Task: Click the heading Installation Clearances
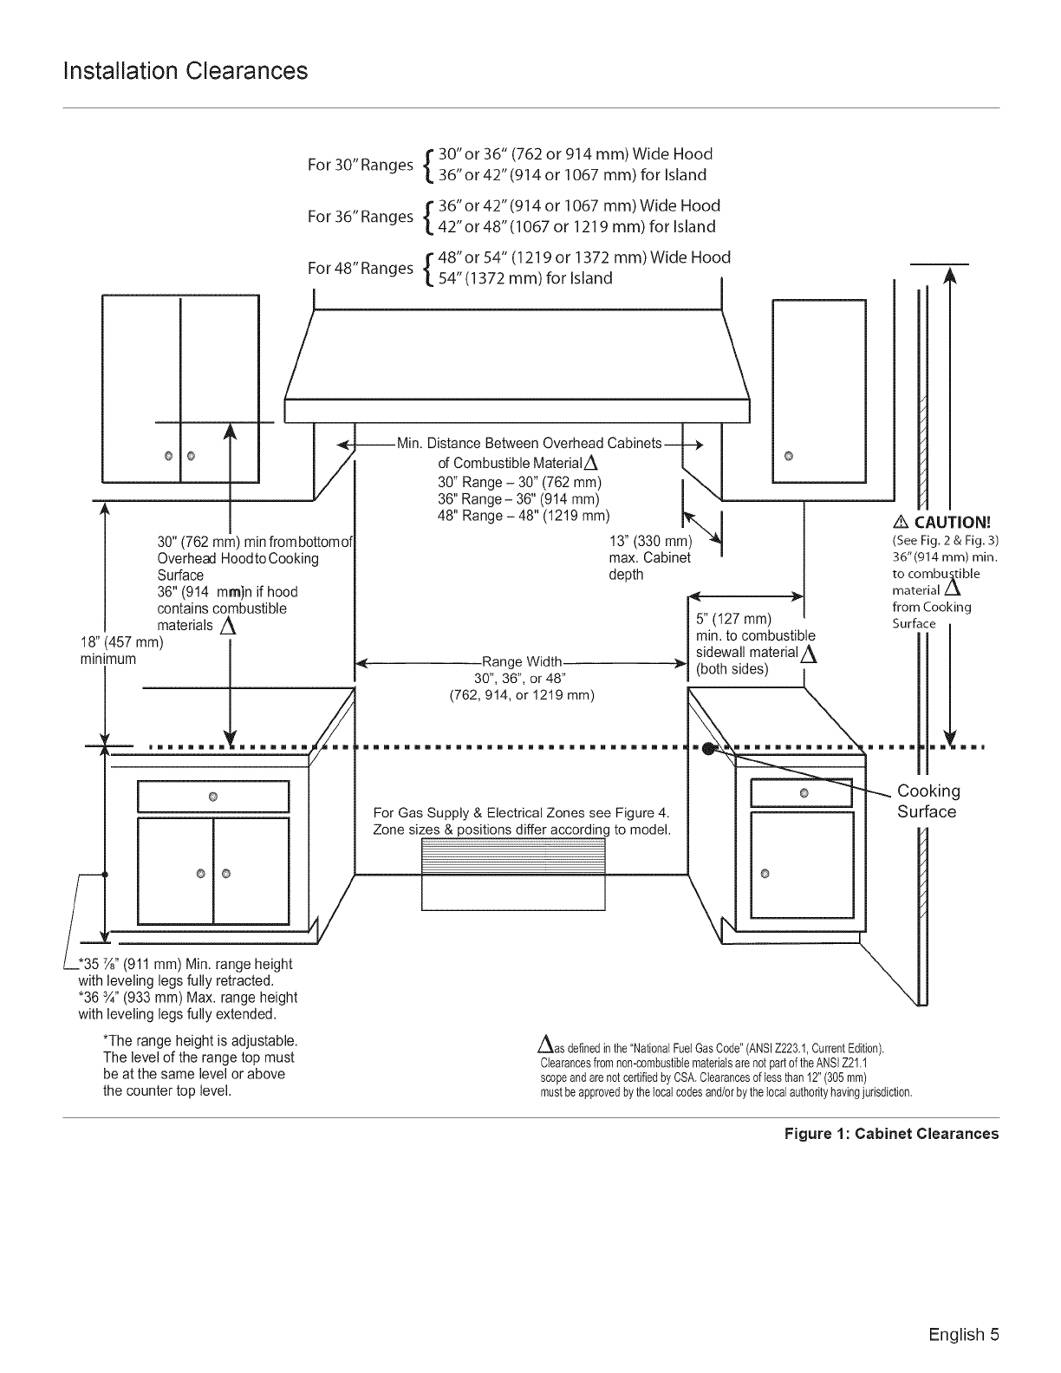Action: tap(186, 71)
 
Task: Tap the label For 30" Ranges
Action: tap(361, 165)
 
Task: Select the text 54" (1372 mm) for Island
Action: tap(525, 278)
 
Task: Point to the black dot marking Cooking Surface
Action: tap(708, 749)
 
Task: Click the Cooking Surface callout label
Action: tap(928, 801)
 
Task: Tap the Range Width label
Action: tap(522, 661)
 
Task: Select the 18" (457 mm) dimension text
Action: tap(122, 642)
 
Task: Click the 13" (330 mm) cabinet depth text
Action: tap(651, 542)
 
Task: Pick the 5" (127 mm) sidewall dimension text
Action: tap(733, 619)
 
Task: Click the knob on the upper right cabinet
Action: tap(788, 456)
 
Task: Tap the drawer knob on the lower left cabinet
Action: tap(213, 796)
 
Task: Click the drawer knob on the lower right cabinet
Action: tap(804, 793)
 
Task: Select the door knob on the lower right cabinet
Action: tap(765, 874)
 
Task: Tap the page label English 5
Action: tap(964, 1335)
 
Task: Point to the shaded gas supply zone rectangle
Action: tap(513, 856)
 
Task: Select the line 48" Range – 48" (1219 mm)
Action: tap(524, 517)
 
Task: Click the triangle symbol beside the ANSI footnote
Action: tap(545, 1043)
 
